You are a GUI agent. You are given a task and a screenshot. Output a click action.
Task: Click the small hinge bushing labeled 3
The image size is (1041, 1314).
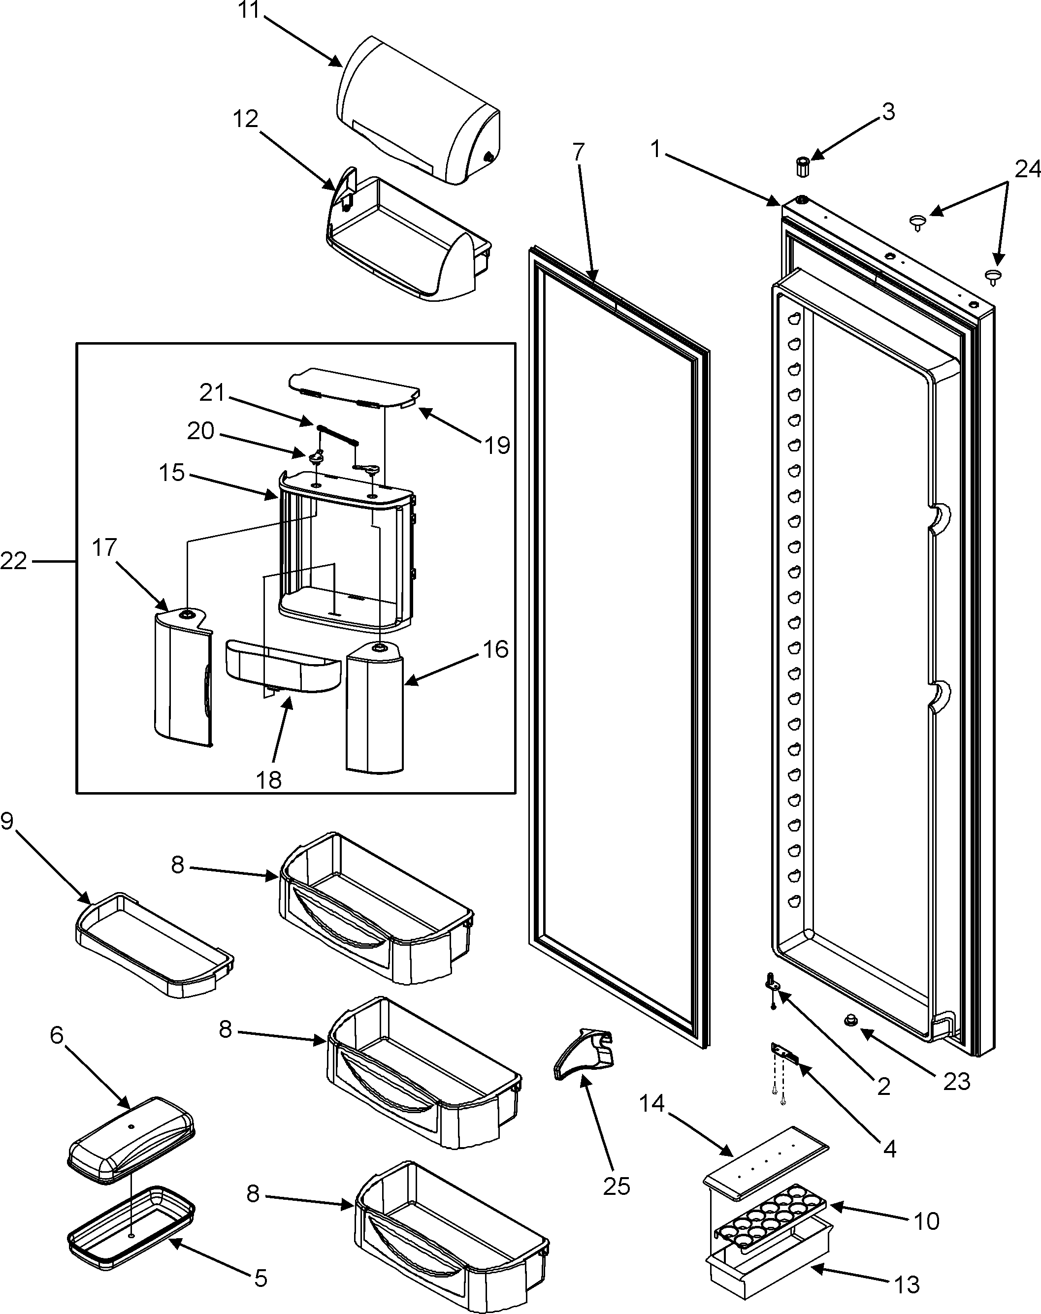(x=802, y=166)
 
